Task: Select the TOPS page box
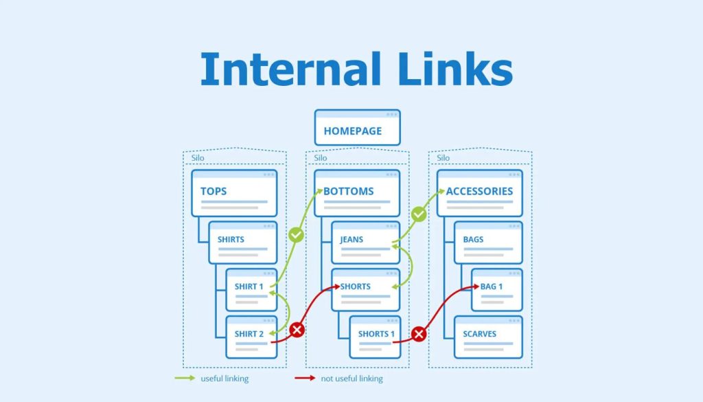coord(234,193)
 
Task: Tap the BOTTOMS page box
coord(357,193)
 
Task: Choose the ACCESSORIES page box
coord(479,193)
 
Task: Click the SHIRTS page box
coord(242,242)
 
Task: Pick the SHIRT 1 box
coord(250,289)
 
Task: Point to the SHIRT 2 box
coord(251,337)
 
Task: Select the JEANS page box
coord(365,242)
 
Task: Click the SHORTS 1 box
coord(375,337)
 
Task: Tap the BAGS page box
coord(488,242)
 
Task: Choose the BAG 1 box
coord(496,289)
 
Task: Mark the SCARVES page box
coord(488,337)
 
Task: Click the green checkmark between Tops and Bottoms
coord(296,235)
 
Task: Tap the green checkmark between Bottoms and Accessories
coord(419,215)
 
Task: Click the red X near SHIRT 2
coord(297,330)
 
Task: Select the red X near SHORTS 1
coord(419,335)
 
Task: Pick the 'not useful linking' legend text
coord(353,379)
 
